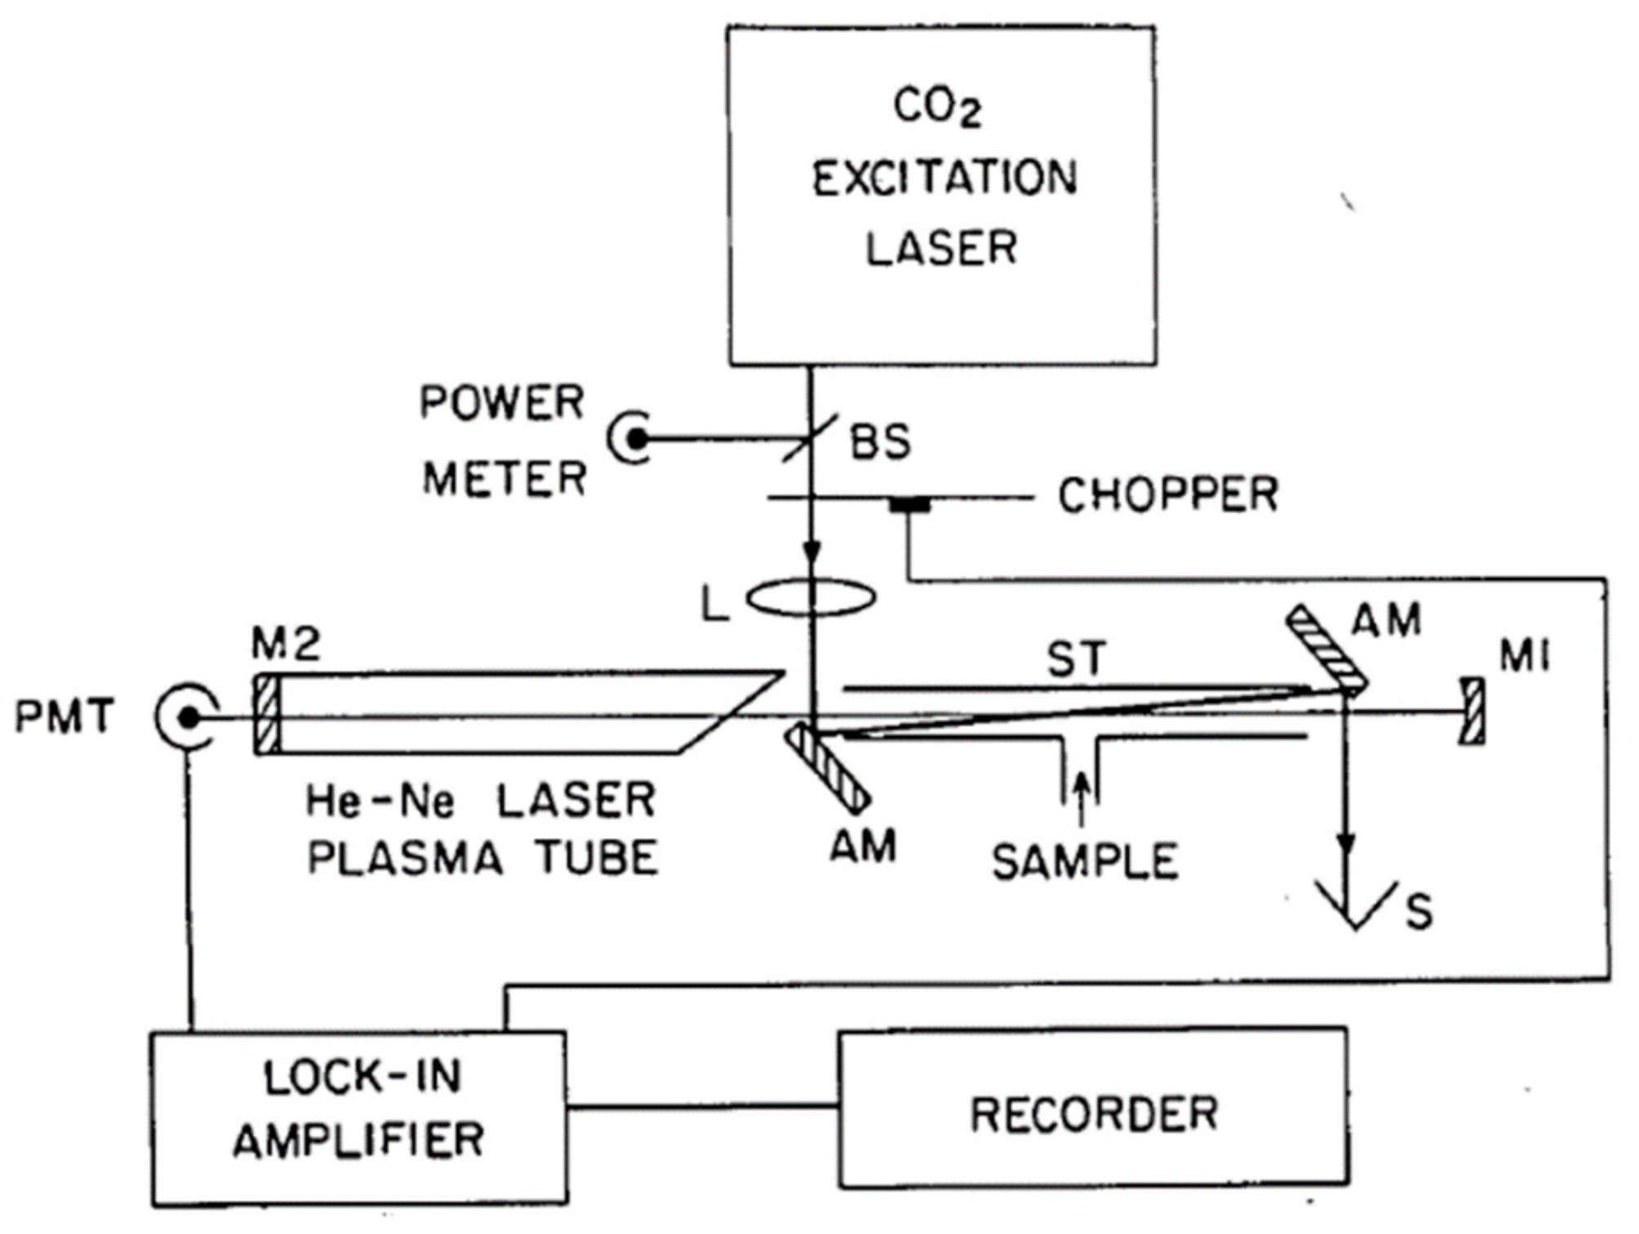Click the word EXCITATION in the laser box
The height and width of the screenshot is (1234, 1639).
(x=944, y=179)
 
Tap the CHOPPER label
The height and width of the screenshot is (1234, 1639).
(x=1167, y=495)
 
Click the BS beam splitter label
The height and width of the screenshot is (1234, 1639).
(x=879, y=442)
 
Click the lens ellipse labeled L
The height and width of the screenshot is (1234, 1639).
(x=811, y=597)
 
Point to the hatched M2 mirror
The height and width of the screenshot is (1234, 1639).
(x=266, y=715)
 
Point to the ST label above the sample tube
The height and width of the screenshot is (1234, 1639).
(x=1077, y=659)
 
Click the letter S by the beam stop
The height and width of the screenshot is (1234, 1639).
(x=1419, y=912)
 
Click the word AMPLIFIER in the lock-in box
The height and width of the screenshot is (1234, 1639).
(x=359, y=1140)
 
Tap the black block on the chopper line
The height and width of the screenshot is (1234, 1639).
(x=909, y=506)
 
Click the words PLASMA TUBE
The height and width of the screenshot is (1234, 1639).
(x=482, y=858)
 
